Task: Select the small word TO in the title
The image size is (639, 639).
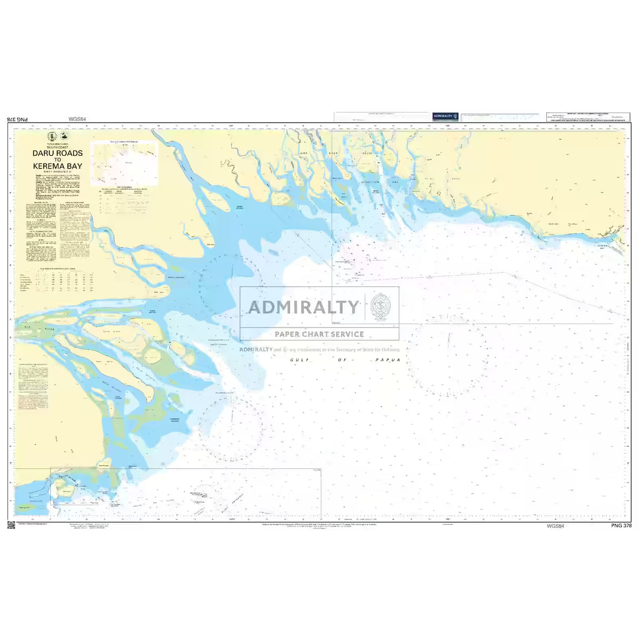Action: (57, 159)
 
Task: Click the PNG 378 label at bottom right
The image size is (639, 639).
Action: (621, 525)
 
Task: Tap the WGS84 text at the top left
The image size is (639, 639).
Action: (77, 119)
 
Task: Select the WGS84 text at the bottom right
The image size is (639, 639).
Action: (555, 525)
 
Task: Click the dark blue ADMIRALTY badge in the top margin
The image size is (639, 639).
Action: (445, 116)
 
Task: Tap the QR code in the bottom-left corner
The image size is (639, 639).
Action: (11, 525)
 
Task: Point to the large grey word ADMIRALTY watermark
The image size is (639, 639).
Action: (303, 307)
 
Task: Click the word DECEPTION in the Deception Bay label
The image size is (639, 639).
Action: (370, 182)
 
